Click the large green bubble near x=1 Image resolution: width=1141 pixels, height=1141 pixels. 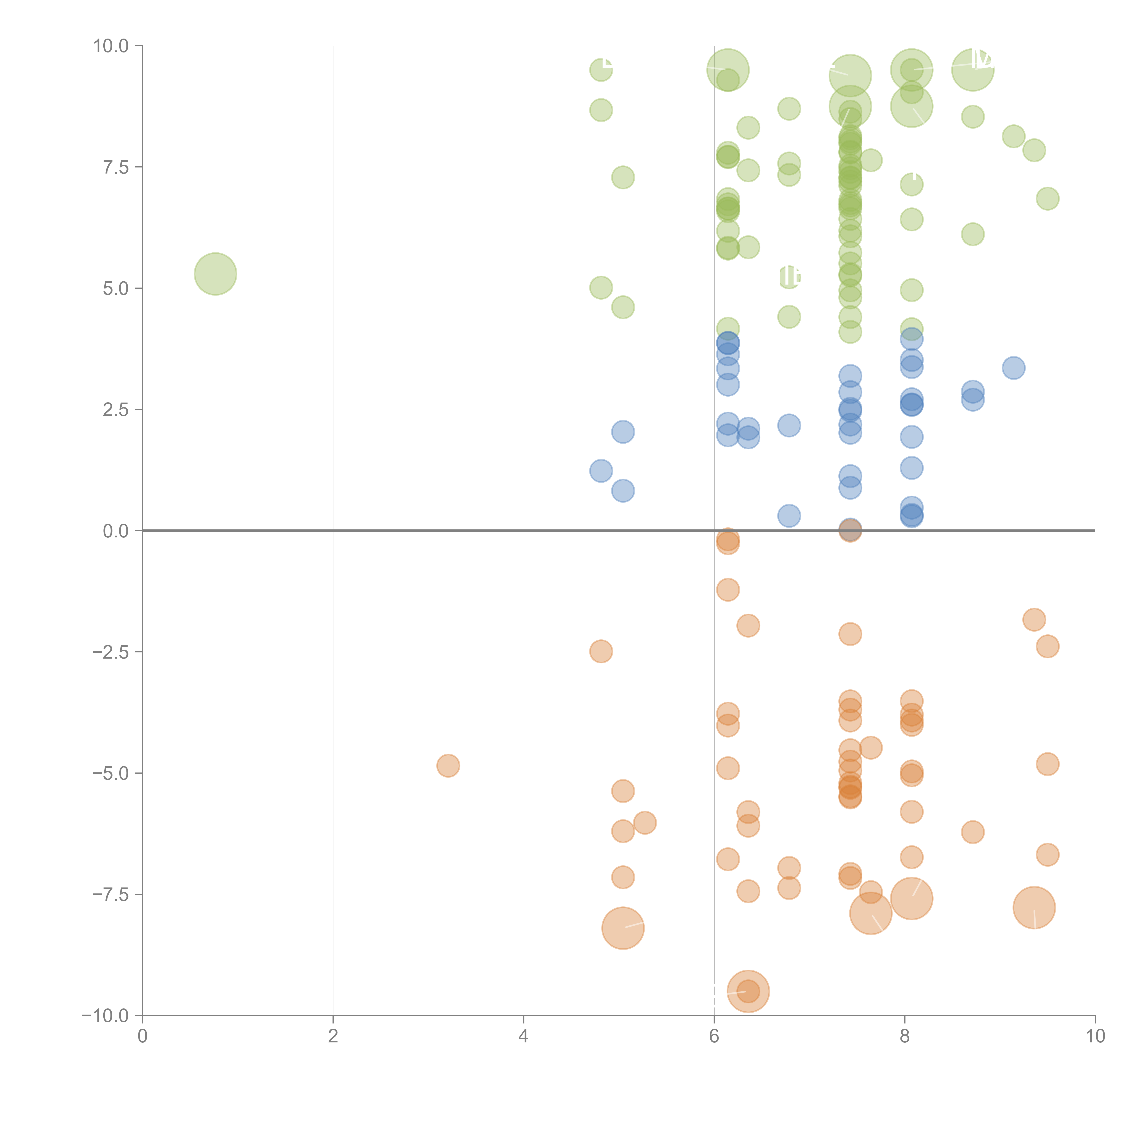[216, 274]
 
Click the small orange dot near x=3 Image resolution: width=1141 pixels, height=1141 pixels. [448, 766]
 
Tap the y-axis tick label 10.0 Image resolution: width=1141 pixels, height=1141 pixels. [111, 46]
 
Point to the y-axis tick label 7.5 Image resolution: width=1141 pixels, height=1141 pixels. [116, 167]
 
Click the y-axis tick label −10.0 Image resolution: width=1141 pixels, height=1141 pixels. [106, 1016]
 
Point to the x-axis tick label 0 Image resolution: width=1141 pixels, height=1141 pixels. [142, 1036]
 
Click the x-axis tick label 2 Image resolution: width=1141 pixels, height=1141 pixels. [333, 1036]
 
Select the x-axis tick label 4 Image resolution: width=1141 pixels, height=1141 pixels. [523, 1036]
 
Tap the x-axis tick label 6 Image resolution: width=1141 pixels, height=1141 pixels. [714, 1036]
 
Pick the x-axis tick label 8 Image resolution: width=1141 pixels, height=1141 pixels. [905, 1036]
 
